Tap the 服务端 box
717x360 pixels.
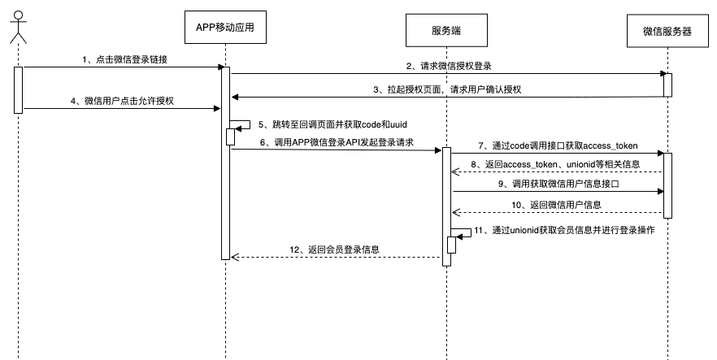click(x=447, y=30)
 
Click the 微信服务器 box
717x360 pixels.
click(x=667, y=30)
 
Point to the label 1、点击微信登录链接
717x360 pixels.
click(x=126, y=60)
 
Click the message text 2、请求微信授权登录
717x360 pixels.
click(x=450, y=65)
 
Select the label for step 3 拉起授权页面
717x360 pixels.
click(x=446, y=89)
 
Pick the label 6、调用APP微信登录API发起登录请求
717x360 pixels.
click(x=337, y=142)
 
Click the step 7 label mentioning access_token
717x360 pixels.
click(x=558, y=145)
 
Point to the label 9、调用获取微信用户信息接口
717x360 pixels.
click(x=558, y=184)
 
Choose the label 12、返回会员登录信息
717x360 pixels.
click(x=335, y=249)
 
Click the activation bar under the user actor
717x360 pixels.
click(x=18, y=89)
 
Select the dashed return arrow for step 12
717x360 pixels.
click(x=337, y=258)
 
